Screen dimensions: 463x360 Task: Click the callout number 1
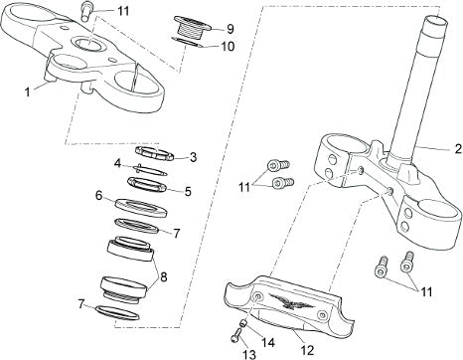click(28, 92)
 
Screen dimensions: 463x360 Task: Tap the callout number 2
click(458, 149)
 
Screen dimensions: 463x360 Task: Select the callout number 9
click(231, 29)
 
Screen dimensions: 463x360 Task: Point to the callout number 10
click(228, 47)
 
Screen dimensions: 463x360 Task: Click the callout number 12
click(307, 350)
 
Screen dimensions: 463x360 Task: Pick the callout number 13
click(249, 354)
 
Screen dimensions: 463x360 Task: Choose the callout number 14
click(268, 342)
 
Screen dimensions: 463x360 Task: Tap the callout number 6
click(98, 196)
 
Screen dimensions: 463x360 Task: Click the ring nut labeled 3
click(154, 153)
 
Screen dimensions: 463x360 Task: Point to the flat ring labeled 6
click(141, 208)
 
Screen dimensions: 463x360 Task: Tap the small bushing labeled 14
click(243, 322)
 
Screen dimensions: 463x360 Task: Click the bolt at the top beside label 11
click(85, 11)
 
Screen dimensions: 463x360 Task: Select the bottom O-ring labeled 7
click(117, 313)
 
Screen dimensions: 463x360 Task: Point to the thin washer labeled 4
click(150, 170)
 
